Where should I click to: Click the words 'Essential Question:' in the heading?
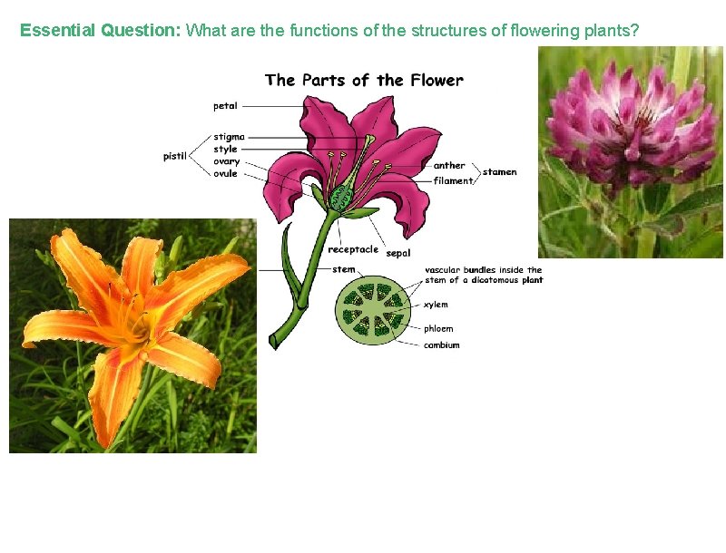(x=101, y=31)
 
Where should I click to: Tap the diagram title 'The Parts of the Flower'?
(x=364, y=81)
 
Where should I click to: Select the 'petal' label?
(x=225, y=106)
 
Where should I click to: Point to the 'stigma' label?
(x=229, y=137)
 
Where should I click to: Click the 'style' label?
(x=225, y=149)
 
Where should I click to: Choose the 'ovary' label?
(x=226, y=161)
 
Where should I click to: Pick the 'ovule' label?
(x=225, y=173)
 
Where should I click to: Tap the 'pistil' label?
(x=175, y=156)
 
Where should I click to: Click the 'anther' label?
(x=448, y=166)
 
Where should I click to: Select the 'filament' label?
(x=453, y=180)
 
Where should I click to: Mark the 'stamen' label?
(x=499, y=172)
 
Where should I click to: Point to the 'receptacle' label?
(x=353, y=249)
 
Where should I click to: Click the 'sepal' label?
(x=398, y=253)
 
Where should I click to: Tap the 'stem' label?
(x=344, y=269)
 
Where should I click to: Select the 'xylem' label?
(x=436, y=305)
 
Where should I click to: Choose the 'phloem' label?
(x=438, y=328)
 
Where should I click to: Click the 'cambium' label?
(x=441, y=344)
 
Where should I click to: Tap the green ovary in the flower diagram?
(x=342, y=196)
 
